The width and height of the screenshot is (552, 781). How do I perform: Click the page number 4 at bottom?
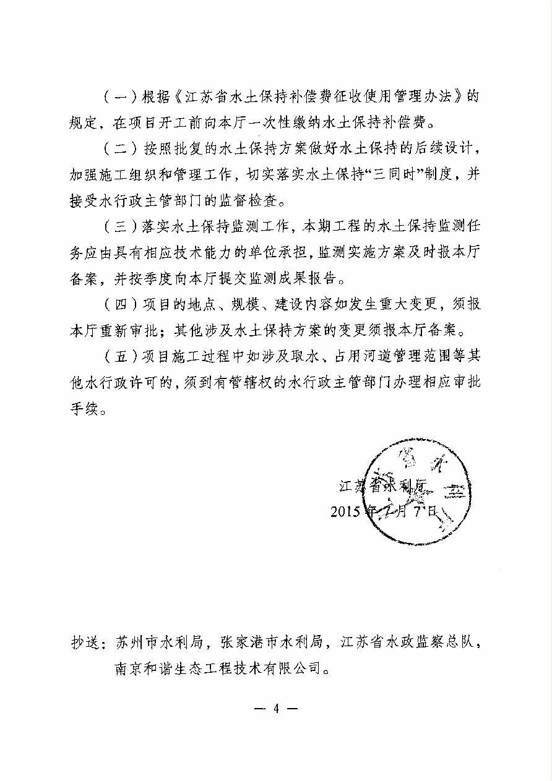[x=276, y=709]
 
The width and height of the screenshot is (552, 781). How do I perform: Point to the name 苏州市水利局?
[x=160, y=642]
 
